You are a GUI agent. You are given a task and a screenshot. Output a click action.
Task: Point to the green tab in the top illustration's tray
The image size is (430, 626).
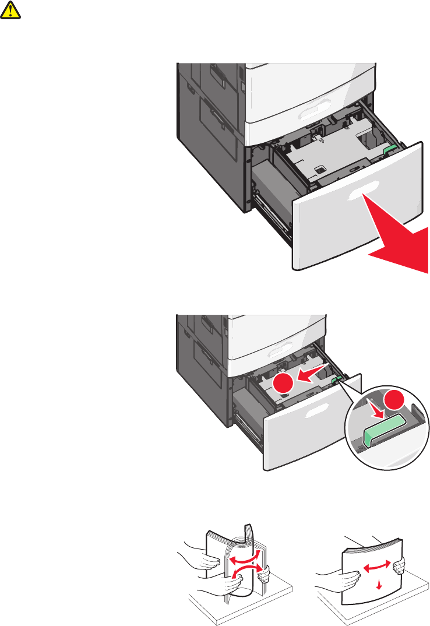coord(390,149)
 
